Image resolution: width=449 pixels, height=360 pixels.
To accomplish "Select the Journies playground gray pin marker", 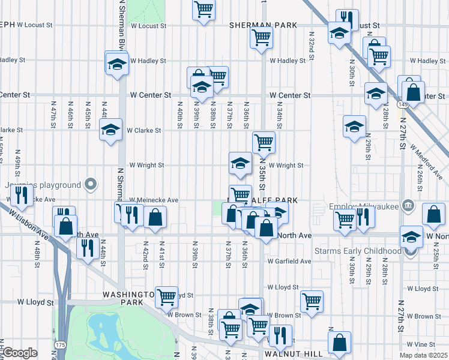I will point(91,184).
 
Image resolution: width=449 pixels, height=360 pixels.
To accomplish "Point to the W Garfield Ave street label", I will point(289,262).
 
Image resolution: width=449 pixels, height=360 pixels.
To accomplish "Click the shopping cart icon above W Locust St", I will point(204,9).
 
